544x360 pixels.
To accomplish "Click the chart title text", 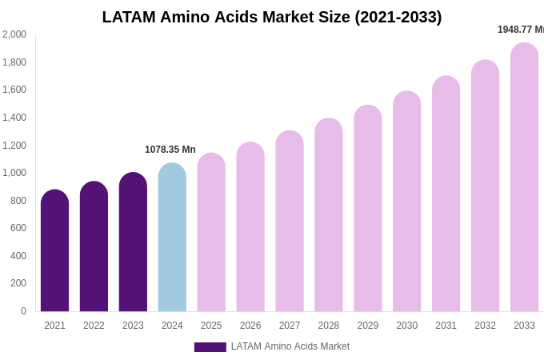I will click(x=272, y=17).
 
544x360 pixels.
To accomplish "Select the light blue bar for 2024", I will click(x=172, y=238).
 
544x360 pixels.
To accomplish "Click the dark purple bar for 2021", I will click(x=54, y=251).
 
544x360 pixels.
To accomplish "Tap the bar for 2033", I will click(x=524, y=178).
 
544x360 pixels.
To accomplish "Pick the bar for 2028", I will click(x=329, y=215).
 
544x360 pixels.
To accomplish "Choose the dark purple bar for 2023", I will click(x=133, y=242).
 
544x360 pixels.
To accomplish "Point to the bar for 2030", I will click(x=406, y=202).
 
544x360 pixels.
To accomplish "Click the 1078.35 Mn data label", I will click(x=170, y=150).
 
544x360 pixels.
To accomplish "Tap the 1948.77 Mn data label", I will click(x=521, y=30).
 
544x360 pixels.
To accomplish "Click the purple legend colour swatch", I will click(x=210, y=347).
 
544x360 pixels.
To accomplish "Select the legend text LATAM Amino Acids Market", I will click(x=290, y=346).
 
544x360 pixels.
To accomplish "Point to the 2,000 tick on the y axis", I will click(x=14, y=34).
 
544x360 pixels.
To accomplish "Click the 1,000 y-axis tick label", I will click(x=14, y=173).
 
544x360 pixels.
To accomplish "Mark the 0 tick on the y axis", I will click(x=23, y=311).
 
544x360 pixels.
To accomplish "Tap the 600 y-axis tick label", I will click(x=18, y=228).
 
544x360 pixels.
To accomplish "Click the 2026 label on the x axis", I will click(x=250, y=326).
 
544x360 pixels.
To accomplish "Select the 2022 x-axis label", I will click(x=94, y=326).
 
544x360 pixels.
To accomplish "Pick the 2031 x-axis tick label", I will click(x=446, y=326).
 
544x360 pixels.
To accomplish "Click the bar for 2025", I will click(x=211, y=233).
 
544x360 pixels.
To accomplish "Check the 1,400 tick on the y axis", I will click(x=14, y=118).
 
